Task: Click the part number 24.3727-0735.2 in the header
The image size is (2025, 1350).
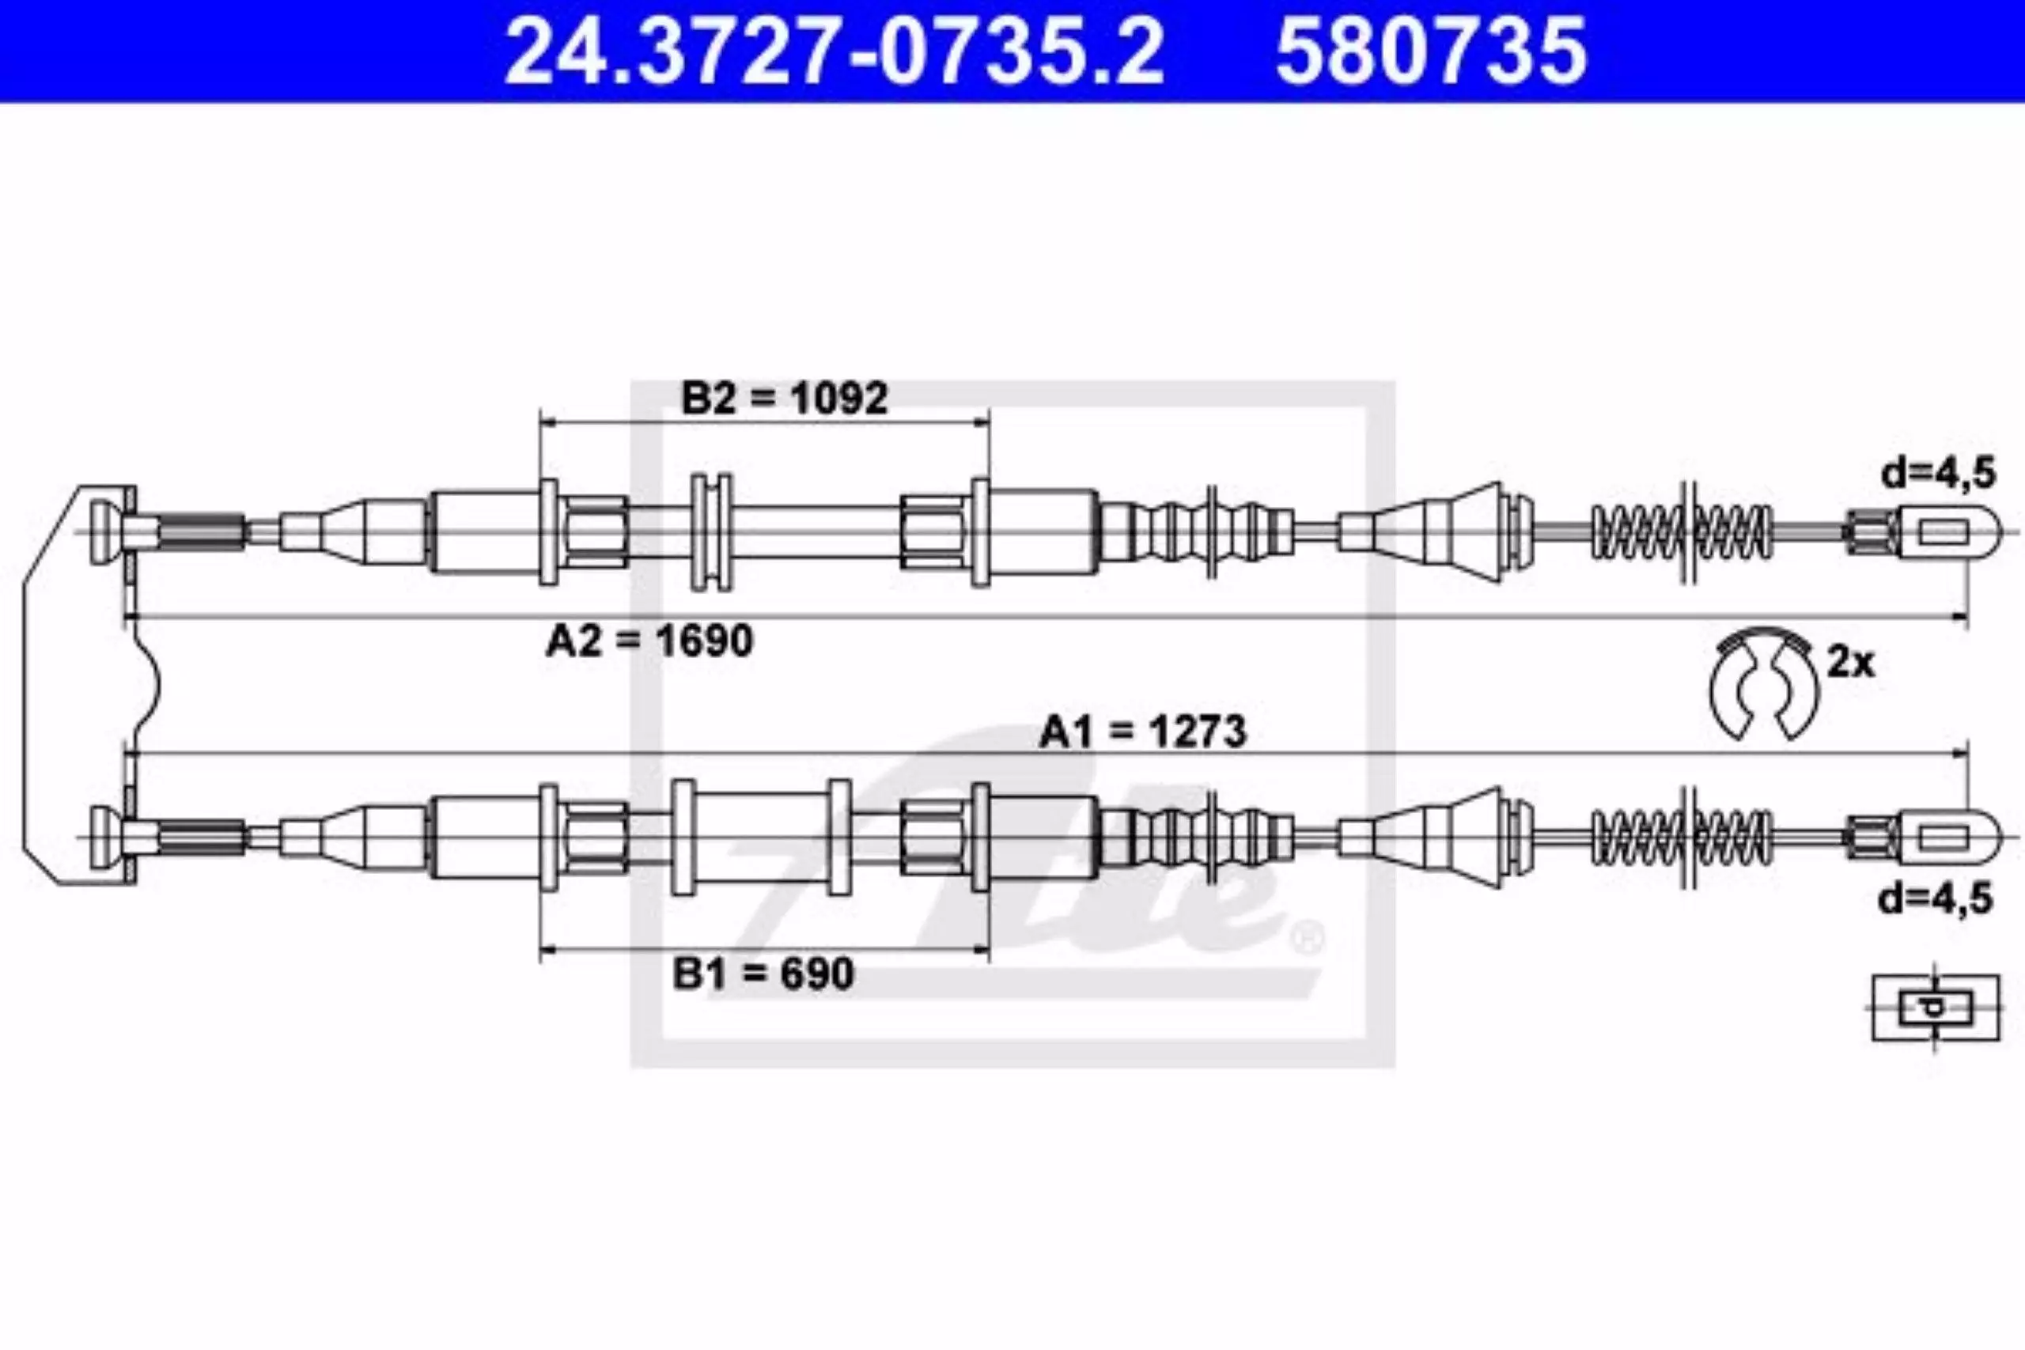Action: pos(835,51)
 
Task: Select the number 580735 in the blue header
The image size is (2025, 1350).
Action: pos(1431,51)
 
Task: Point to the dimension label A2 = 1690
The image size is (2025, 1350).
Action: pos(650,641)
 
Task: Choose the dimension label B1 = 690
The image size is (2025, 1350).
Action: pos(763,974)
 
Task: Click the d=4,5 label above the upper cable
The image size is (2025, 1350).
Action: pos(1938,474)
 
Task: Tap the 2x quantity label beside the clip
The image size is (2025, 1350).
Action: pos(1850,663)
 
